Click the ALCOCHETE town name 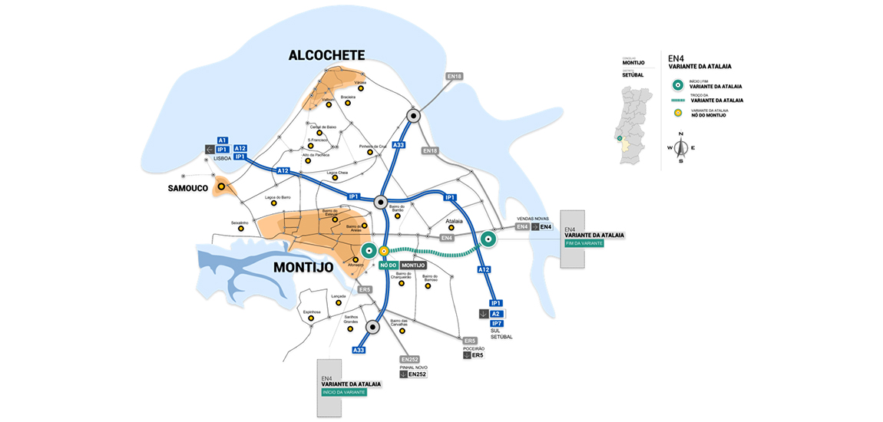click(x=326, y=55)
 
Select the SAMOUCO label click(x=188, y=188)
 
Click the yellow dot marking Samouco click(x=221, y=186)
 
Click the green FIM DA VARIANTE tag click(x=584, y=243)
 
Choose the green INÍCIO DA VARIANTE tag click(x=343, y=392)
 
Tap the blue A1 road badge click(x=223, y=140)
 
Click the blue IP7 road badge click(x=496, y=324)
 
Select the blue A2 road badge click(x=496, y=314)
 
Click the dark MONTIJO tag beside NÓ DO click(x=413, y=265)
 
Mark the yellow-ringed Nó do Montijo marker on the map click(x=383, y=251)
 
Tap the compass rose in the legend click(x=680, y=148)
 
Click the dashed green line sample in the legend click(x=677, y=100)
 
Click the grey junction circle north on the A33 click(x=414, y=116)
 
